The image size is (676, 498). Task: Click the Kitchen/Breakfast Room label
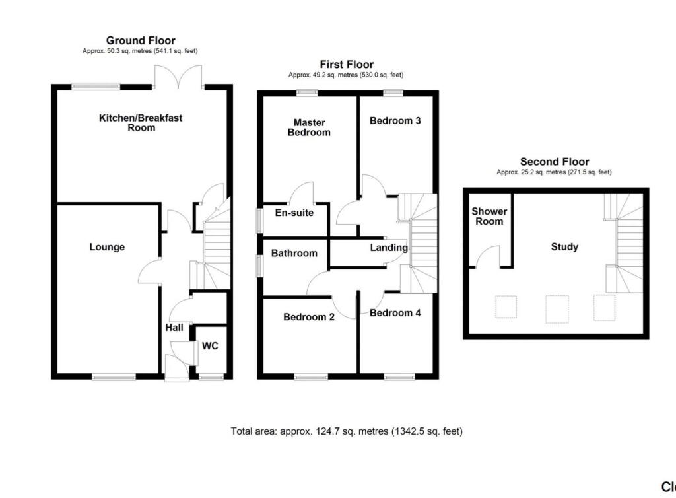click(141, 123)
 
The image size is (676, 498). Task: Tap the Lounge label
click(107, 247)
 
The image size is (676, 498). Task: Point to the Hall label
click(174, 328)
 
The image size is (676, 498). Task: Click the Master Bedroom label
click(312, 127)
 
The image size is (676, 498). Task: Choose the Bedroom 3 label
click(395, 121)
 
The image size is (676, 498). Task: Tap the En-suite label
click(294, 213)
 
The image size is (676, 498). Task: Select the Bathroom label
click(294, 253)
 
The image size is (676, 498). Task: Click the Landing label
click(388, 248)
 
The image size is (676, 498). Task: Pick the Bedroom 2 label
click(308, 317)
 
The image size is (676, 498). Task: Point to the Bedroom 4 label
click(395, 313)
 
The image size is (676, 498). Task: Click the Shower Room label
click(489, 216)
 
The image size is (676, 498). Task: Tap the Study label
click(564, 247)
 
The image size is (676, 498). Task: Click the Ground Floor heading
click(141, 41)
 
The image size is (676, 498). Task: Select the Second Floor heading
click(555, 162)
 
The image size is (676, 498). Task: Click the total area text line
click(347, 431)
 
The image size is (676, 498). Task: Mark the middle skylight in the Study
click(557, 308)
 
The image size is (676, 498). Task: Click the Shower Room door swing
click(489, 257)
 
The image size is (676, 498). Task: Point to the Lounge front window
click(114, 377)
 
